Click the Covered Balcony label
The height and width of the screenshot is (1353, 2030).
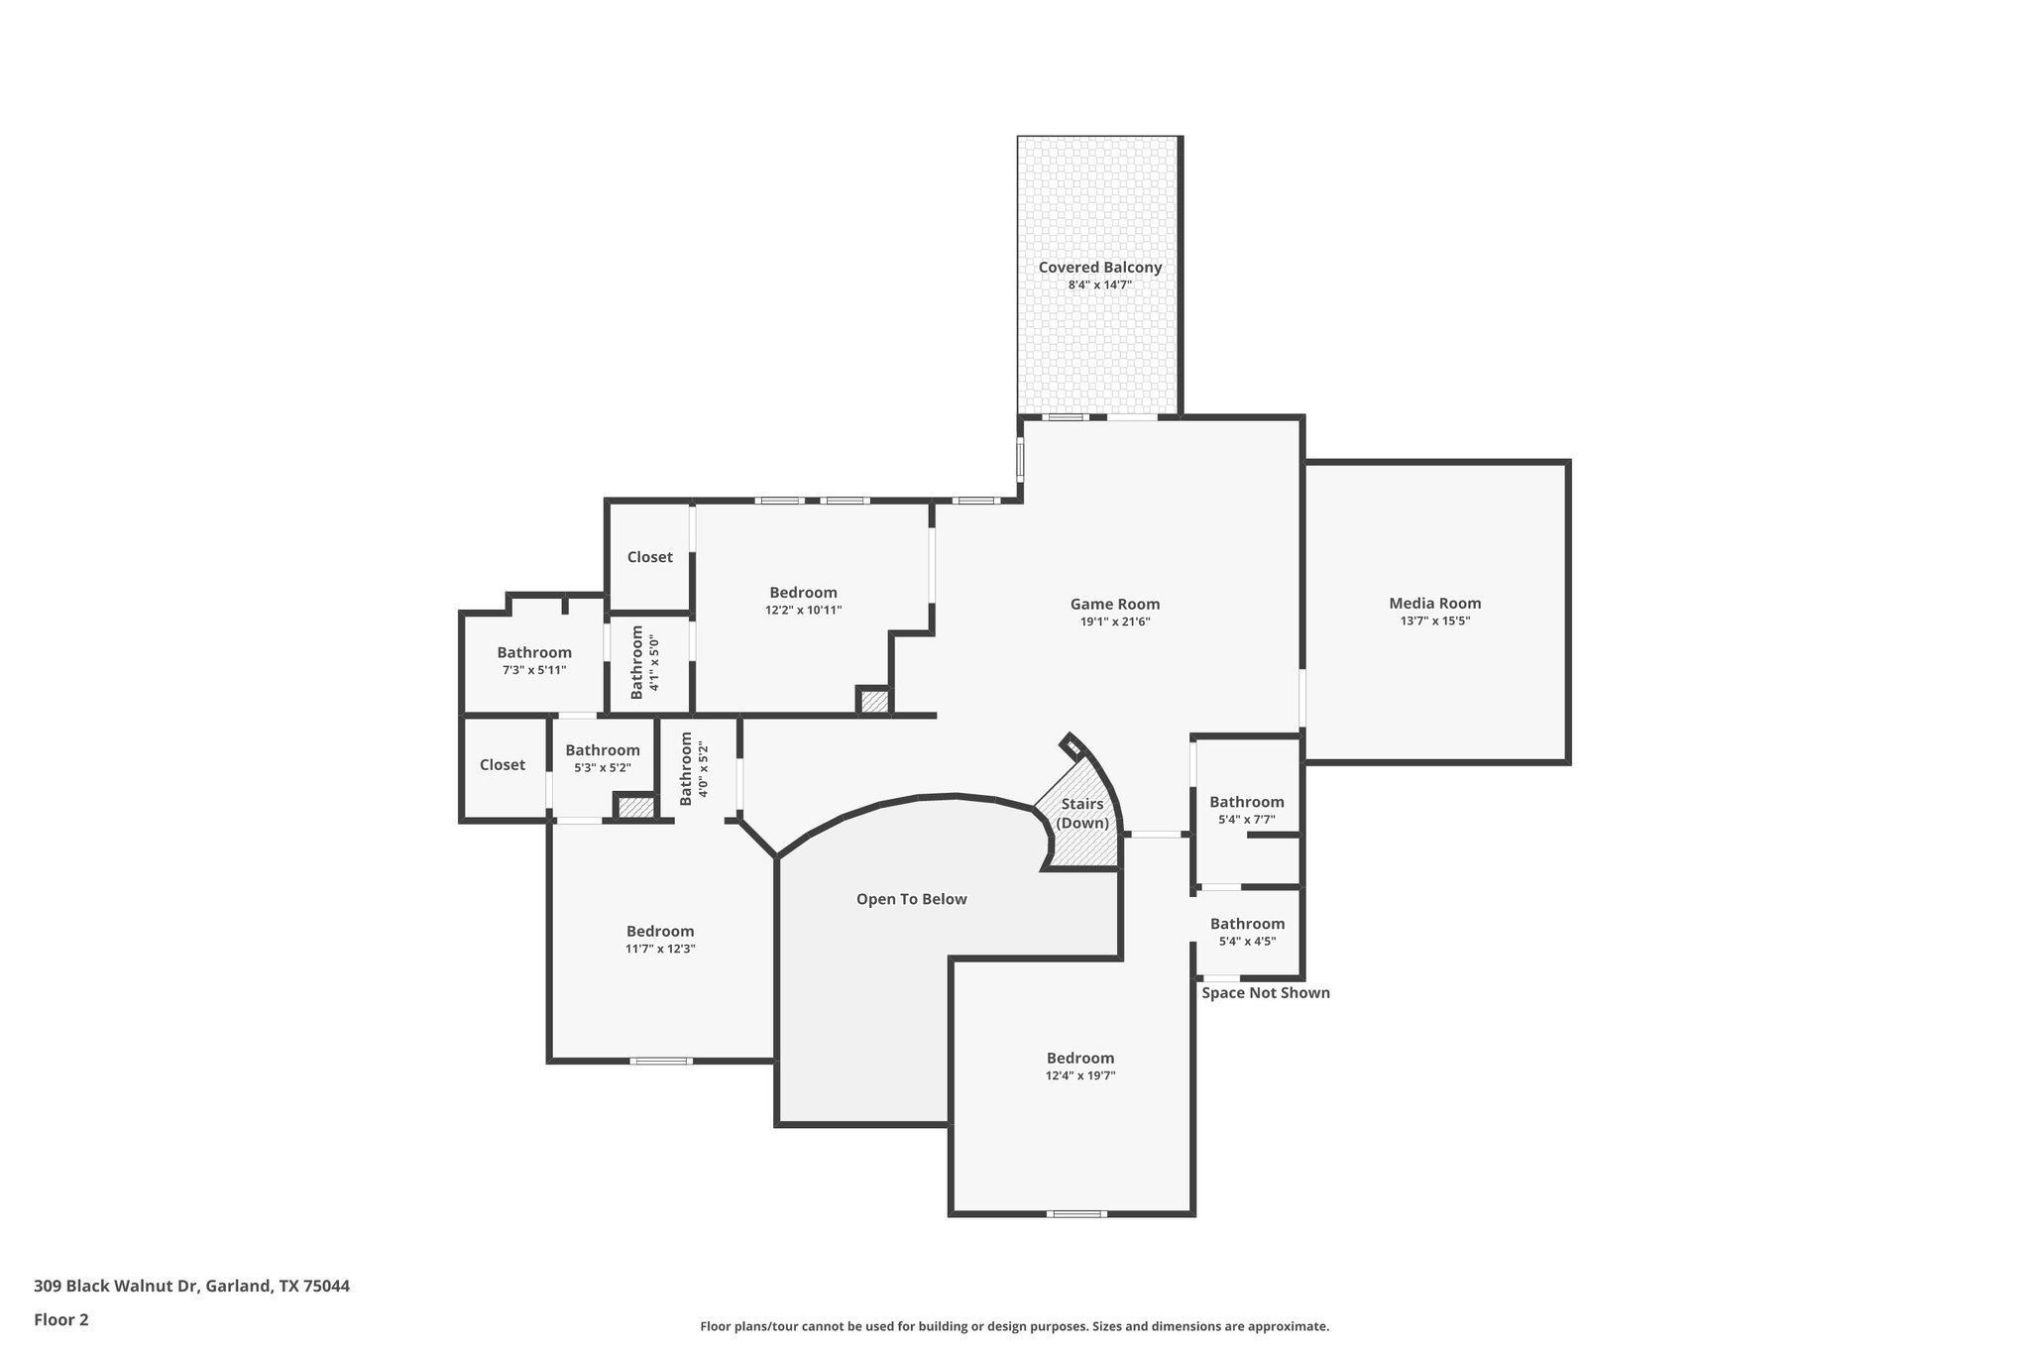click(x=1099, y=268)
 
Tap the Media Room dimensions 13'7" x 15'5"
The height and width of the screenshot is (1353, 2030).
click(x=1434, y=621)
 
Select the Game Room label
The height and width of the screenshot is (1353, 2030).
click(x=1114, y=604)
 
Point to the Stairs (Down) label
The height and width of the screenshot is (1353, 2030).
click(x=1081, y=814)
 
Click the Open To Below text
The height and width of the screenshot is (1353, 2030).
click(x=911, y=899)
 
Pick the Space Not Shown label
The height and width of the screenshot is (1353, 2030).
click(x=1265, y=993)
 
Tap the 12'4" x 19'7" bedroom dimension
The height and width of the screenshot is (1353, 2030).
click(x=1080, y=1075)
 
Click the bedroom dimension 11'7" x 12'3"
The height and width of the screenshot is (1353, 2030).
click(x=660, y=949)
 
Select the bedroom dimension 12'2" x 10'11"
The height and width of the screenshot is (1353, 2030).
click(x=803, y=611)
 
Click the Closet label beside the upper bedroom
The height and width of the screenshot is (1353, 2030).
click(x=649, y=557)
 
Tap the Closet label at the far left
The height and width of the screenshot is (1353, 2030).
click(x=503, y=765)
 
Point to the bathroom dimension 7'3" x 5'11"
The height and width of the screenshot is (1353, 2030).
click(x=534, y=670)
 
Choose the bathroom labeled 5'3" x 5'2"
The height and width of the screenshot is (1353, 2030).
click(x=603, y=759)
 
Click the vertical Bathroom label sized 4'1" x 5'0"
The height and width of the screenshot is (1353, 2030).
click(x=644, y=662)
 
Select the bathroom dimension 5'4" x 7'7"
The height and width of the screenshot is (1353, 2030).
click(x=1246, y=820)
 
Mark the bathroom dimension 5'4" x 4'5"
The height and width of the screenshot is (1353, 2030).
click(x=1247, y=942)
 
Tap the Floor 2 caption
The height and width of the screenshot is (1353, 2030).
click(x=61, y=1319)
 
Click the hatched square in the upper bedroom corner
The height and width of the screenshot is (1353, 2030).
click(x=873, y=702)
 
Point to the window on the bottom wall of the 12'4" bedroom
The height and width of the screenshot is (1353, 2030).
click(x=1076, y=1213)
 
